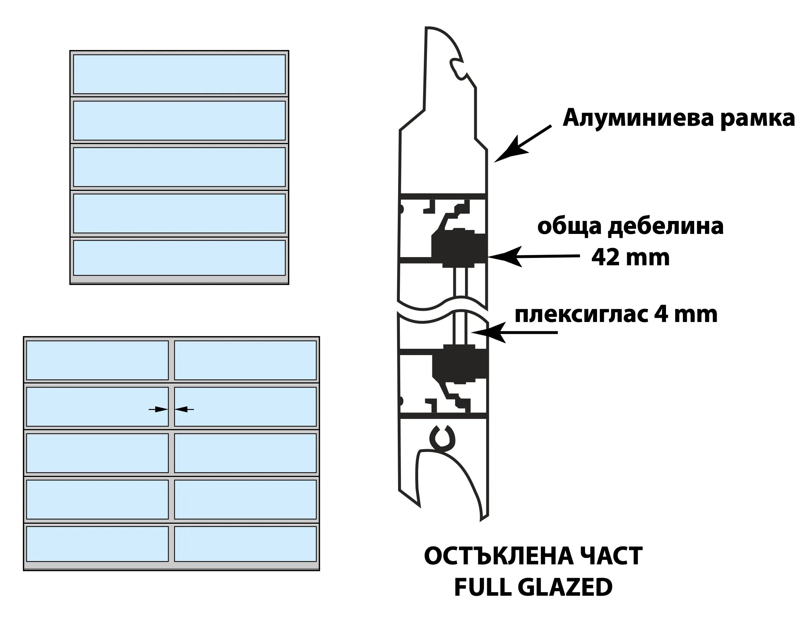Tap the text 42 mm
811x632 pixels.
630,258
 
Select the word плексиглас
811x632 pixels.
579,315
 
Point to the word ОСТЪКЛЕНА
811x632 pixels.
497,557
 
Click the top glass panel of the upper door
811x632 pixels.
180,74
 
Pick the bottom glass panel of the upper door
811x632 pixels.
180,258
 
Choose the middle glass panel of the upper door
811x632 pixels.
180,167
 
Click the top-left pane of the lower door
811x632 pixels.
97,360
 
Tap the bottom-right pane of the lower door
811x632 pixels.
245,544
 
